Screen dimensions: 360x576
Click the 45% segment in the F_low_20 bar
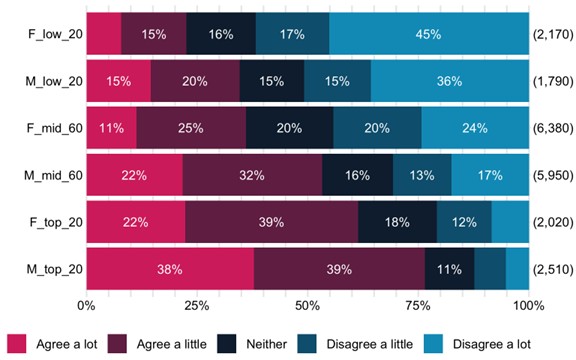(428, 35)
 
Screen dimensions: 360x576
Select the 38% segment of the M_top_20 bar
(170, 268)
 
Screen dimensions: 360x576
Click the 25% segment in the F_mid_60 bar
(191, 128)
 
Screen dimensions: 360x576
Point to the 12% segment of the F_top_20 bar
(464, 221)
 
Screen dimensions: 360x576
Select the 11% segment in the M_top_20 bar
(449, 268)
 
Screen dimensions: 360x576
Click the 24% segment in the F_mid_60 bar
(474, 128)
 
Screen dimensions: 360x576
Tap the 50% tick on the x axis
(307, 304)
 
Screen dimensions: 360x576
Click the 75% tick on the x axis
(417, 304)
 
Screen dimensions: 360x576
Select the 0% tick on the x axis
(86, 304)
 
